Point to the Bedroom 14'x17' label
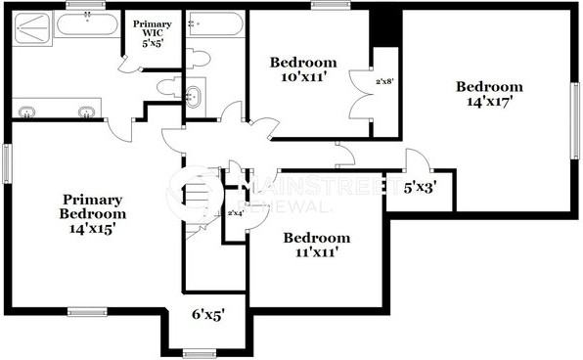[x=489, y=93]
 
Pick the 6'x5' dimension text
[x=208, y=315]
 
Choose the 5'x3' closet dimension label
[x=421, y=187]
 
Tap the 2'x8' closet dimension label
[x=384, y=82]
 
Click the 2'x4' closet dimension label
[x=235, y=212]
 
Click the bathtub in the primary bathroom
[x=88, y=22]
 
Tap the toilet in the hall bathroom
[x=199, y=56]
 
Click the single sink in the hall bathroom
[x=194, y=97]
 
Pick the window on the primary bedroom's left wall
[x=6, y=162]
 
